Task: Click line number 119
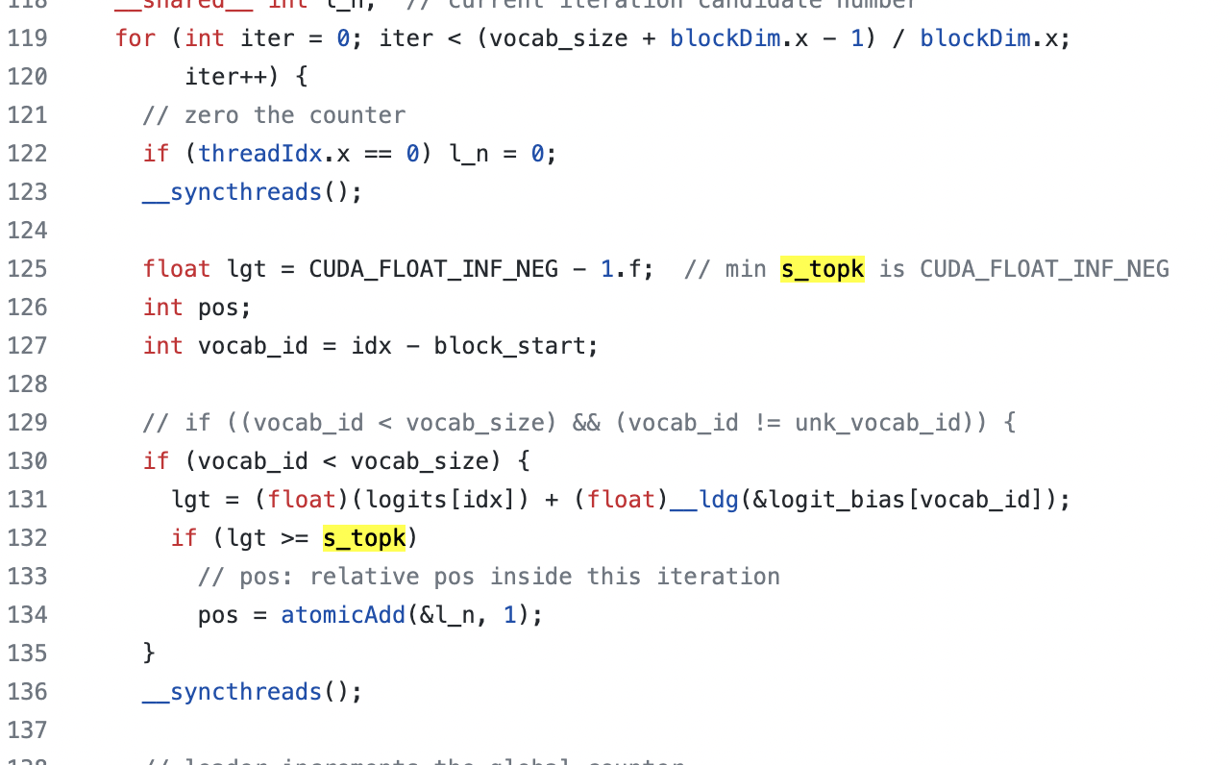(27, 38)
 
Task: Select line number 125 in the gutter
(27, 269)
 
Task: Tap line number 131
(27, 500)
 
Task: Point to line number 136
(27, 692)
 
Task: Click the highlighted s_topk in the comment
(822, 269)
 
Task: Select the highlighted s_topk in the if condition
(364, 538)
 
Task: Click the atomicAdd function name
(343, 615)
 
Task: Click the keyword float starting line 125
(177, 269)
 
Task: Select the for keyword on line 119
(135, 38)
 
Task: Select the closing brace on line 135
(149, 654)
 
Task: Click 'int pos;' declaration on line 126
(197, 308)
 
